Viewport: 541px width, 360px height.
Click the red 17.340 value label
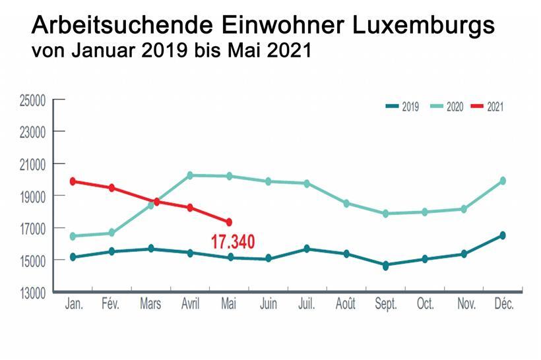232,242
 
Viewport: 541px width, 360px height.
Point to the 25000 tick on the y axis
31,100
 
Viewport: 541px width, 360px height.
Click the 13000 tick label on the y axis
31,292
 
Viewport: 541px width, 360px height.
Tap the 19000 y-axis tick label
31,196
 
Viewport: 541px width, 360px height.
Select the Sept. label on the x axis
385,305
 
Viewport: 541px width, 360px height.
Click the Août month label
346,305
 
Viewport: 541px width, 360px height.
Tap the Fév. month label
112,305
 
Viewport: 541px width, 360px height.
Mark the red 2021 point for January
73,181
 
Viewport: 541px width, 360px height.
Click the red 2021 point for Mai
229,222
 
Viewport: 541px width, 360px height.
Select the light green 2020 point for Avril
190,175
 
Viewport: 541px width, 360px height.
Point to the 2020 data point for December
503,181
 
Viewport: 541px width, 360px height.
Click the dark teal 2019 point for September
386,266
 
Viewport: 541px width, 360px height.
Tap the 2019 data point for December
503,235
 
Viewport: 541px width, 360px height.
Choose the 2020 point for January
73,236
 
